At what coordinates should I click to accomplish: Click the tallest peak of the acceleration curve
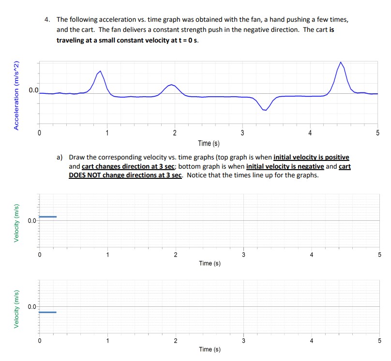click(x=341, y=63)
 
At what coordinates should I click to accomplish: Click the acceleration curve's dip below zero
click(x=265, y=110)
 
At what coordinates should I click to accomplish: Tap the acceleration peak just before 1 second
click(x=100, y=72)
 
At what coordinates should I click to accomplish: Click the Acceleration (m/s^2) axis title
click(x=16, y=95)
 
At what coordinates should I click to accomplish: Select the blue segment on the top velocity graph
click(x=48, y=217)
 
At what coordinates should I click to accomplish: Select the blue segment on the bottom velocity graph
click(x=47, y=312)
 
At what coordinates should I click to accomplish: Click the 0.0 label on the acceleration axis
click(x=33, y=90)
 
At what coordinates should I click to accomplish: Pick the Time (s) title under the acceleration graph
click(x=209, y=143)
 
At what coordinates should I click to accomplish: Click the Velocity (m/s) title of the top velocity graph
click(x=16, y=224)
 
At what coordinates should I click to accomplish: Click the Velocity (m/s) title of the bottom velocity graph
click(x=16, y=310)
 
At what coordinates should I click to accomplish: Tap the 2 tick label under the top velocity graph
click(x=175, y=254)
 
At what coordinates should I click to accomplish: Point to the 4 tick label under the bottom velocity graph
click(x=311, y=340)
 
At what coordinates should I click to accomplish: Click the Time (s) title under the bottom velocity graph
click(x=210, y=349)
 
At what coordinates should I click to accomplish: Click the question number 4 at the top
click(x=46, y=20)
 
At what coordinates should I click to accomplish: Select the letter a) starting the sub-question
click(x=60, y=157)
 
